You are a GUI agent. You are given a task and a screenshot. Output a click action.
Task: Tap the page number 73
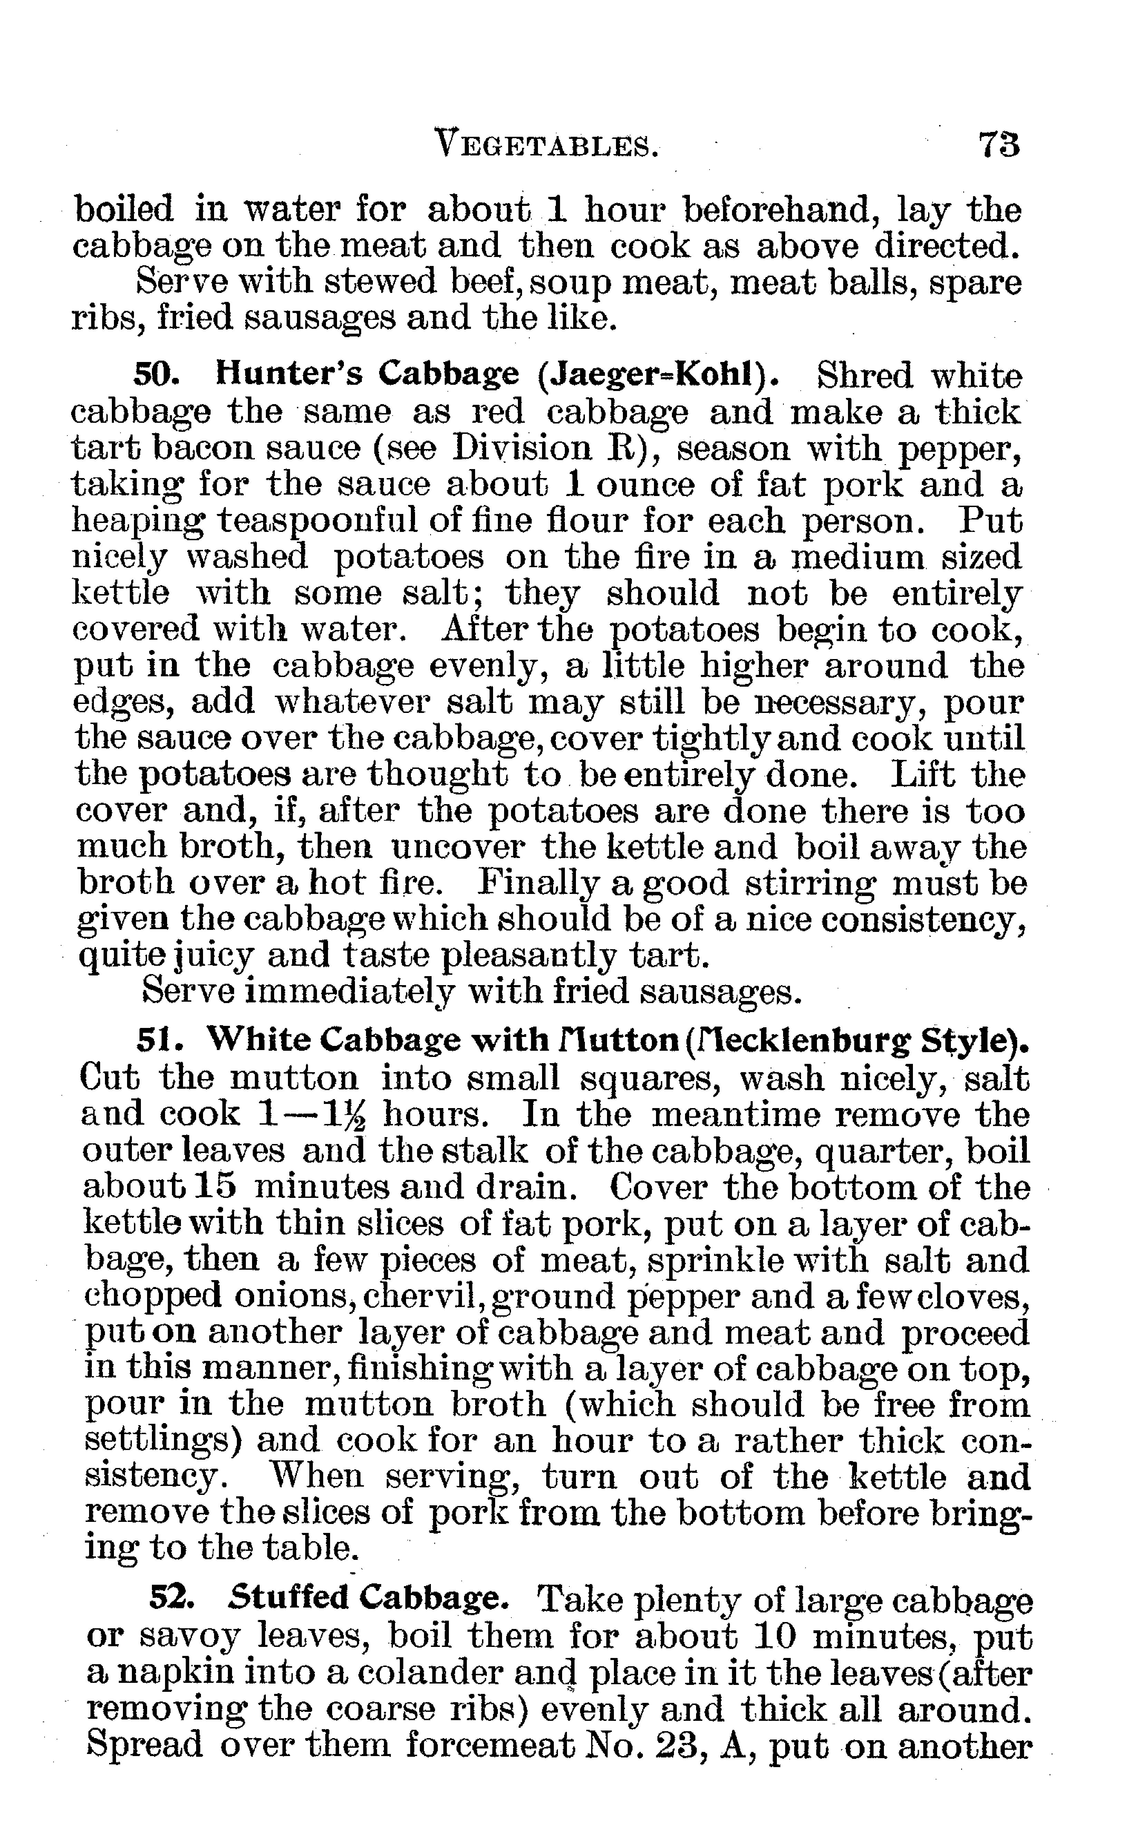1000,144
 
